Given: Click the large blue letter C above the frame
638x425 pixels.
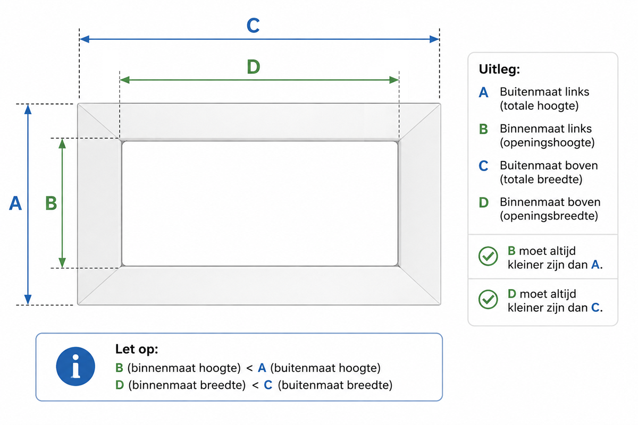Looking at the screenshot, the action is point(253,25).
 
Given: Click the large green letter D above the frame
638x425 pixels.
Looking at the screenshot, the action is point(254,66).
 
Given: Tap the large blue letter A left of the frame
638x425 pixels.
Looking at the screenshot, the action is point(15,203).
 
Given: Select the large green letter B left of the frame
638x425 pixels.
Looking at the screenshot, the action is point(51,203).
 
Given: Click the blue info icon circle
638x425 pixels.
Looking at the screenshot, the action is point(75,367).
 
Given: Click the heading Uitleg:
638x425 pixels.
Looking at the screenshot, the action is point(499,69).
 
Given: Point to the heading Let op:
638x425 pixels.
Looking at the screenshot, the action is point(137,349).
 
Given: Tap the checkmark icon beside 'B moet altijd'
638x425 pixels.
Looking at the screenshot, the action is point(488,256).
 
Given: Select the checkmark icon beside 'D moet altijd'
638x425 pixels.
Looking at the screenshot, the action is point(488,299).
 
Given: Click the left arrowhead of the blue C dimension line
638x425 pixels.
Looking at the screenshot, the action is point(85,39).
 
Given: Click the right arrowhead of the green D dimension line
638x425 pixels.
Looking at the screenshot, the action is point(394,80).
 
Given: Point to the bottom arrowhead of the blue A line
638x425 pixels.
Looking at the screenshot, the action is point(28,300).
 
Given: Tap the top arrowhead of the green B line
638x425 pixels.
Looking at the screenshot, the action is point(62,144).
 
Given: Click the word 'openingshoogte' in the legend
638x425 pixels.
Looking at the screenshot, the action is point(547,142).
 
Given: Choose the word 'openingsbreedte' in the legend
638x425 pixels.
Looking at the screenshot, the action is point(549,216).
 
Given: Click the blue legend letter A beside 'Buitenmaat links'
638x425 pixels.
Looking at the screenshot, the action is point(483,92).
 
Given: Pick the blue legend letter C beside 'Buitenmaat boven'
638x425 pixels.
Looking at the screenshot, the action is point(483,166).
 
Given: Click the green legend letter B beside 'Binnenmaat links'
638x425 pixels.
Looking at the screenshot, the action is point(483,129).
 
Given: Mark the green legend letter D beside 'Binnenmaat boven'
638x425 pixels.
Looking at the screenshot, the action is point(484,202).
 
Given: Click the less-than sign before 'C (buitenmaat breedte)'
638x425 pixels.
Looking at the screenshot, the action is point(255,386).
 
